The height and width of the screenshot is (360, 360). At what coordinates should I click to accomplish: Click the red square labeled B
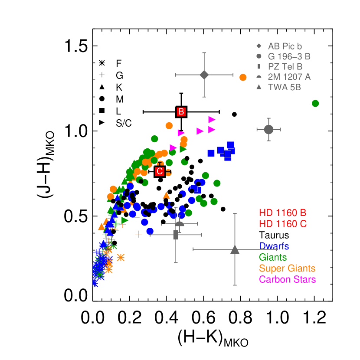(x=181, y=111)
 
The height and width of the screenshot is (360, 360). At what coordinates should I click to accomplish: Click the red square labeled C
(x=160, y=171)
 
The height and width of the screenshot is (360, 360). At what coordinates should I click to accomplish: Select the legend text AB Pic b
(x=285, y=46)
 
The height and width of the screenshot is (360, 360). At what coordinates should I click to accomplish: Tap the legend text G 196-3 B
(x=289, y=56)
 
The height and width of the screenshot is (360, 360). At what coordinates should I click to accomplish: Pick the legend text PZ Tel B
(x=285, y=67)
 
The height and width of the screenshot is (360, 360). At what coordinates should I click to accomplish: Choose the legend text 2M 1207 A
(x=289, y=77)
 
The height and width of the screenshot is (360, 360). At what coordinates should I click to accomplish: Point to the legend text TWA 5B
(x=284, y=87)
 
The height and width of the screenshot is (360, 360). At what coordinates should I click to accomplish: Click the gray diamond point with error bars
(x=204, y=75)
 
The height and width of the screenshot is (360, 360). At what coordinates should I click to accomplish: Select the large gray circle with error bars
(x=268, y=129)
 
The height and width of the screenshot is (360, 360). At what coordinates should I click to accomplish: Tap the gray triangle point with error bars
(x=235, y=249)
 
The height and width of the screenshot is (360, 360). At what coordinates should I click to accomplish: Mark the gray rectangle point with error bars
(x=176, y=235)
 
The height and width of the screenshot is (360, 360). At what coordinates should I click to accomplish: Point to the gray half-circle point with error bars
(x=179, y=224)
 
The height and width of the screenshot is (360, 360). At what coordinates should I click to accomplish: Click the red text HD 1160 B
(x=282, y=213)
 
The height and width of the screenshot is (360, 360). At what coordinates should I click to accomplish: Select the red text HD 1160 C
(x=282, y=224)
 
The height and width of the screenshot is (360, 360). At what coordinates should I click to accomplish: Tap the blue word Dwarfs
(x=274, y=246)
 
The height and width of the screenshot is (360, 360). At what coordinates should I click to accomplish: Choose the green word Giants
(x=272, y=258)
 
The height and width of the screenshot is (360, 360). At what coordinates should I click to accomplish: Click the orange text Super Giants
(x=287, y=268)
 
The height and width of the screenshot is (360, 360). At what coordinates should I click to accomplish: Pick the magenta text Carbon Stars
(x=287, y=279)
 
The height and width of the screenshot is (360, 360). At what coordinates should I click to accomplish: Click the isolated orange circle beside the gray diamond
(x=243, y=77)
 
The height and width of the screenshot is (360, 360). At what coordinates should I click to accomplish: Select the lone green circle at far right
(x=315, y=103)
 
